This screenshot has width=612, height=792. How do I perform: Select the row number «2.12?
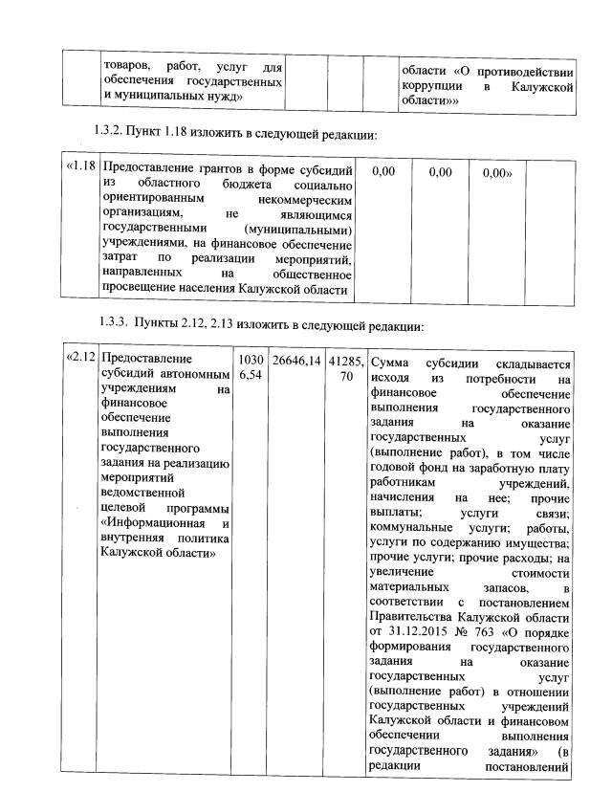pyautogui.click(x=80, y=359)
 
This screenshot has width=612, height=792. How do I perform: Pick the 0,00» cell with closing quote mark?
pyautogui.click(x=498, y=173)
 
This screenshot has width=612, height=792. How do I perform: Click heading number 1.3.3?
pyautogui.click(x=118, y=323)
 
